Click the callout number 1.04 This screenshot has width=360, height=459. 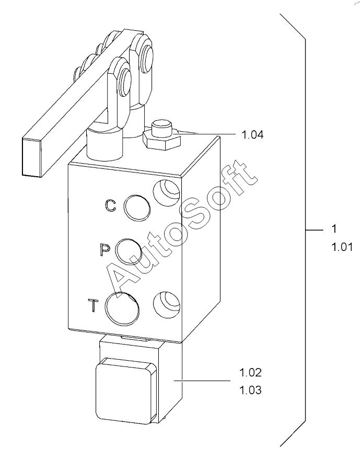(x=252, y=134)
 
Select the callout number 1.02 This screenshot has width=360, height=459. (x=250, y=373)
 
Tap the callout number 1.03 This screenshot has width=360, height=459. (x=250, y=390)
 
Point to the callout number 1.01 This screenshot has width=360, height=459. (x=342, y=247)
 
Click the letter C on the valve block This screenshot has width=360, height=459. (x=111, y=205)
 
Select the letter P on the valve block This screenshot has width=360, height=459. (x=104, y=249)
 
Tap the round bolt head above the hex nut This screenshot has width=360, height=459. (x=162, y=128)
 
